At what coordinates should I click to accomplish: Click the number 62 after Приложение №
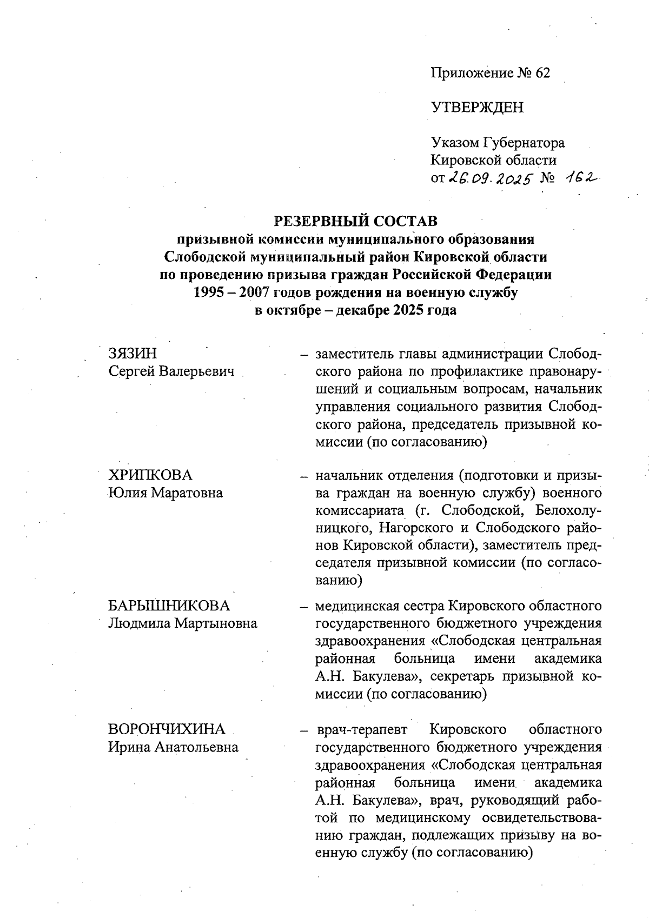pos(542,73)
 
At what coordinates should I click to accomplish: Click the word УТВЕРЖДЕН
pos(477,108)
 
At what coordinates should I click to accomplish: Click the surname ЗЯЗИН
pos(133,354)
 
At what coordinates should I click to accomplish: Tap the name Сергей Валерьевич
pos(172,371)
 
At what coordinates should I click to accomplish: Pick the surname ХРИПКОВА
pos(150,475)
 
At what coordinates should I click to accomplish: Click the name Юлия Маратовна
pos(165,493)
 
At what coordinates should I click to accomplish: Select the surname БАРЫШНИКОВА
pos(169,606)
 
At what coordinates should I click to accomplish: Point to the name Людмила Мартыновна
pos(183,623)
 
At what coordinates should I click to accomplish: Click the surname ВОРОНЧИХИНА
pos(167,729)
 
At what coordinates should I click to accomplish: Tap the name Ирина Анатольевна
pos(173,747)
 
